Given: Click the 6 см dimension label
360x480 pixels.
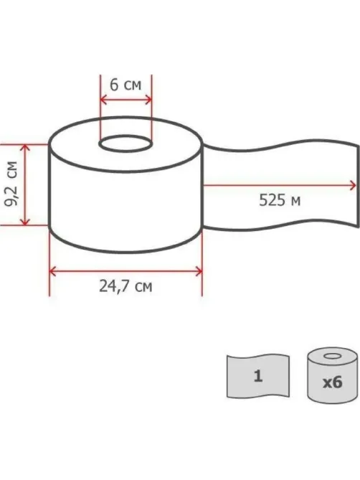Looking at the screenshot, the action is tap(125, 85).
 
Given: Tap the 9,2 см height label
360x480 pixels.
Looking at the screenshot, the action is tap(11, 184).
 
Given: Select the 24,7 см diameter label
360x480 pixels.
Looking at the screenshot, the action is tap(125, 286).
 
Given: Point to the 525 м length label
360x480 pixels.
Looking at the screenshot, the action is tap(280, 200).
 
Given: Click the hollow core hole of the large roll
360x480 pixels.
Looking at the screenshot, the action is tap(125, 143).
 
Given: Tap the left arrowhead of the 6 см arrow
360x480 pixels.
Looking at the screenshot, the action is tap(103, 100).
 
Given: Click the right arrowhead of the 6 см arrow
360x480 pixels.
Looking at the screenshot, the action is tap(148, 100).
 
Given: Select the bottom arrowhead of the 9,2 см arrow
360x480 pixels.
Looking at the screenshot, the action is tap(25, 222).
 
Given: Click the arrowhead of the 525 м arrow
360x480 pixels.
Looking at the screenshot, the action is tap(353, 186).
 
